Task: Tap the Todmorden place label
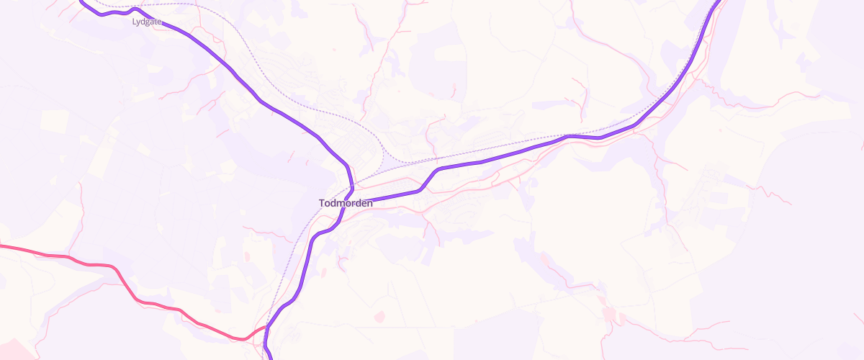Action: pos(346,204)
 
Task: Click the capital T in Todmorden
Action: pos(322,204)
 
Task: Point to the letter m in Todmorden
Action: pos(343,204)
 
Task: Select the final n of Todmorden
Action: pos(369,204)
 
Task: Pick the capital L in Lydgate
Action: pos(134,22)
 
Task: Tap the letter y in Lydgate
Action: pos(138,23)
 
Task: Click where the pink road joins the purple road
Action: pos(266,328)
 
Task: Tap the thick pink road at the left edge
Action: pos(2,246)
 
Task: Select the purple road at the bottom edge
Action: pos(269,356)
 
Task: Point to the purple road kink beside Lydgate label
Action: pos(135,9)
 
